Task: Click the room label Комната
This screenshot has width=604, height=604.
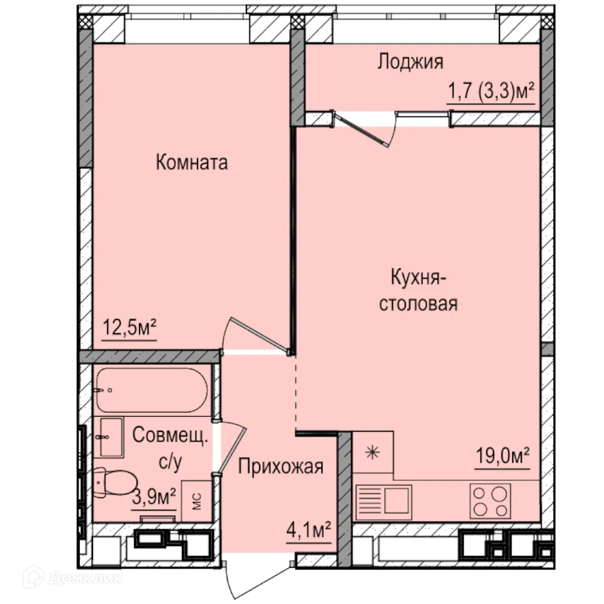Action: tap(191, 162)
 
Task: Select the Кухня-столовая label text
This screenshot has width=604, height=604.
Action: tap(418, 291)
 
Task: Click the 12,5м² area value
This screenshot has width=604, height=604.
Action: tap(129, 329)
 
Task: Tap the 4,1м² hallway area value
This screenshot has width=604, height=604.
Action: tap(308, 532)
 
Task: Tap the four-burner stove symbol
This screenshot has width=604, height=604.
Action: tap(490, 501)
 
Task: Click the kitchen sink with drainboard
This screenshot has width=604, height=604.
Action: tap(384, 501)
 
